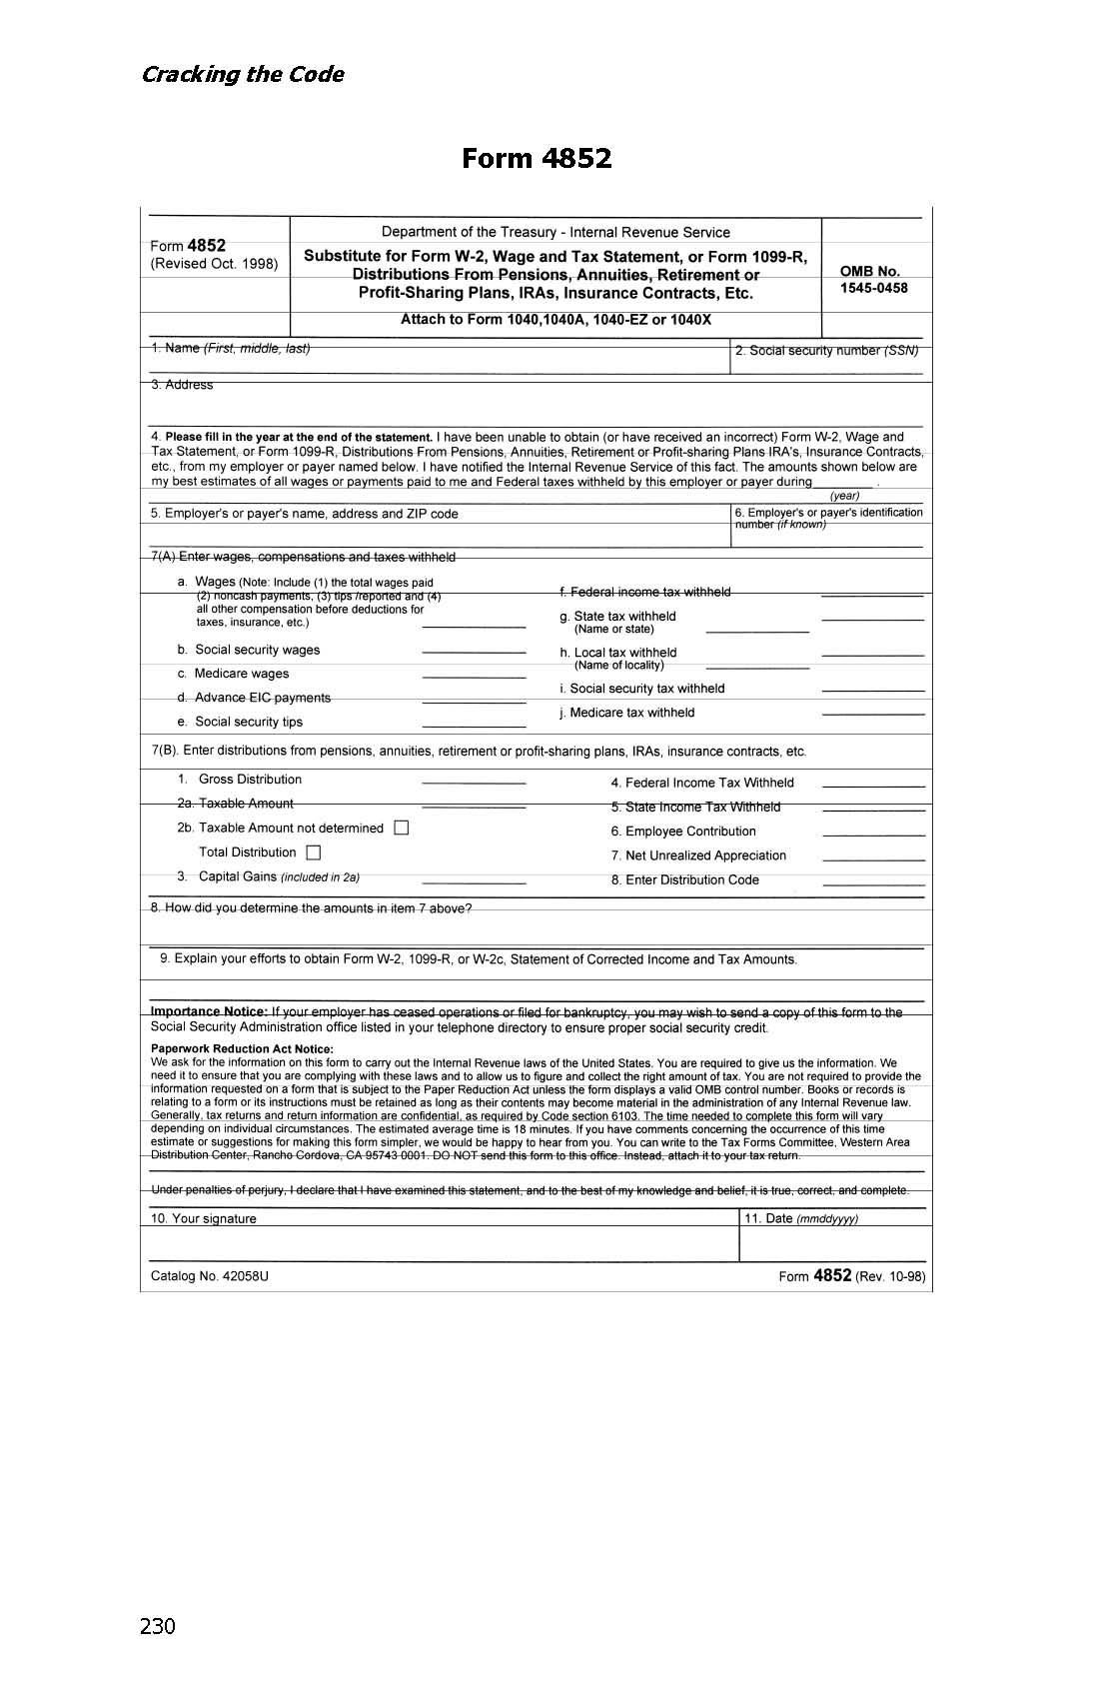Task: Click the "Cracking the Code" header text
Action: point(243,75)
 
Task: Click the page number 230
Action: point(158,1626)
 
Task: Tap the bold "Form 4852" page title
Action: point(537,158)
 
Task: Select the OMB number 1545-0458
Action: point(874,288)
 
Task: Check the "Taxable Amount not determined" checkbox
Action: point(402,828)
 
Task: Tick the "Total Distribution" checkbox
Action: point(314,852)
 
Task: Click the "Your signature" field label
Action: point(204,1218)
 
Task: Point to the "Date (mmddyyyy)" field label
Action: point(801,1218)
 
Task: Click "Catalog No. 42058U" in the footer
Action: point(210,1276)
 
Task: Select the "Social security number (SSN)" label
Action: point(826,351)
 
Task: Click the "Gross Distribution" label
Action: point(250,780)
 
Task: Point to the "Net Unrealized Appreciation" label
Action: point(698,855)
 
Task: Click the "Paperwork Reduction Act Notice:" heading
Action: point(242,1049)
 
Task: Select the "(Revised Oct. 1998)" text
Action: point(214,265)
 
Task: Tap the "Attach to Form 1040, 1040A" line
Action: point(555,320)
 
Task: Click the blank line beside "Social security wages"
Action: point(474,652)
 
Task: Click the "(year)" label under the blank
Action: point(844,496)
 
